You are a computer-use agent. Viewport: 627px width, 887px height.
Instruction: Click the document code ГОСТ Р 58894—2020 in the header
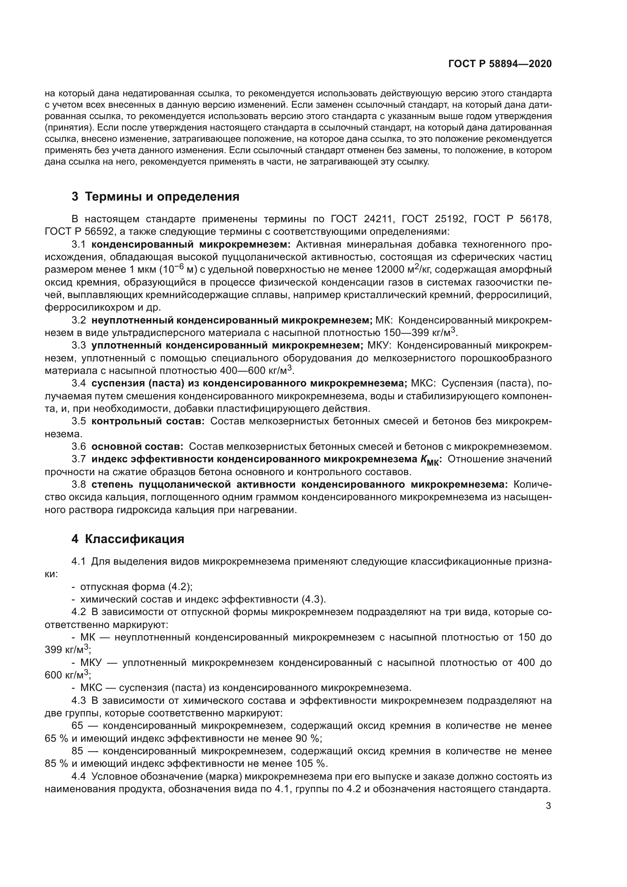(x=500, y=64)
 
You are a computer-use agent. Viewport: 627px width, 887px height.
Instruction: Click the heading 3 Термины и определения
(x=155, y=197)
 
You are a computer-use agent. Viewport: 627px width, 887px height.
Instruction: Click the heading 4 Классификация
(x=128, y=539)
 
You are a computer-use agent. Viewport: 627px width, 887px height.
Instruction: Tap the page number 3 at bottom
(x=548, y=806)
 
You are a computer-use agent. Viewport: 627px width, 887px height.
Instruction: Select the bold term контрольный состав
(x=148, y=421)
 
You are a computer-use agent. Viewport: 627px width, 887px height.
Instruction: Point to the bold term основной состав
(x=137, y=447)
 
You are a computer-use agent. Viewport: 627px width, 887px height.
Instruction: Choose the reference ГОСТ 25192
(x=434, y=219)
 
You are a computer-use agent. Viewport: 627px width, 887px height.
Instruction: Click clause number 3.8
(x=79, y=484)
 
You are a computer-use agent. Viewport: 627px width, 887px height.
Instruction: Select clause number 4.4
(x=79, y=777)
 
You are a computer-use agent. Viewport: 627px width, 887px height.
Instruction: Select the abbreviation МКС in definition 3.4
(x=423, y=383)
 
